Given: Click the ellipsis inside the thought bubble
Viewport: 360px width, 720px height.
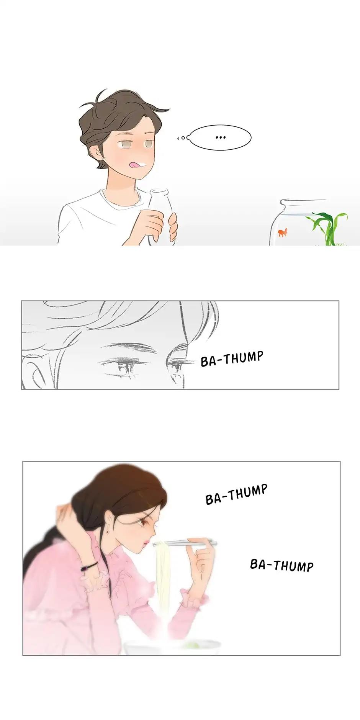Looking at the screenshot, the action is click(221, 137).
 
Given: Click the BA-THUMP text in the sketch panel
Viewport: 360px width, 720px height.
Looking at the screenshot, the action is click(232, 358).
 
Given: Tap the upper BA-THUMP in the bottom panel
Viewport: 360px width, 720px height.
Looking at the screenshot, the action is click(236, 494).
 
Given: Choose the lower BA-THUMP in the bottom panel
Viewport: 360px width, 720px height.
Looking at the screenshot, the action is click(282, 565).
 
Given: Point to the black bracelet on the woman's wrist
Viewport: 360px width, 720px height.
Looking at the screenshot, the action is click(89, 566).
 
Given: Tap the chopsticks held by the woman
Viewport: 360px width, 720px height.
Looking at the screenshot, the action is click(185, 543).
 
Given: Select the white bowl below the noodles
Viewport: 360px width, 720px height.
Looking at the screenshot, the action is click(172, 647).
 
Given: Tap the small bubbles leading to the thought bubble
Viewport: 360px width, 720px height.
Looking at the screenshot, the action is click(182, 138).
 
